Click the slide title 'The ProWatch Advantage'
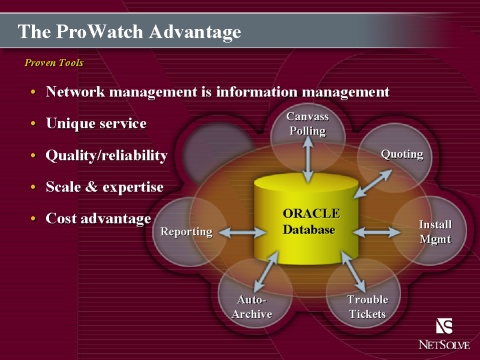pos(129,32)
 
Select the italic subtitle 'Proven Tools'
pos(54,63)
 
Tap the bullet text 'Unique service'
pos(96,123)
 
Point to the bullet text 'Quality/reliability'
pos(106,156)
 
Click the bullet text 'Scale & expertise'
pos(105,187)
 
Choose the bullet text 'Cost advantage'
pos(98,219)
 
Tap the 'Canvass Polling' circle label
pos(308,124)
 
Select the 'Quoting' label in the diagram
pos(402,154)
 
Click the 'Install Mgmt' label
pos(435,232)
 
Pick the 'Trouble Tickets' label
pos(367,307)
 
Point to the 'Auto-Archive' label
pos(252,307)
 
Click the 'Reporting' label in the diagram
pos(186,232)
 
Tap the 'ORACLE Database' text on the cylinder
pos(311,221)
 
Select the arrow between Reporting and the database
pos(242,232)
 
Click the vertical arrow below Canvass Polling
pos(308,160)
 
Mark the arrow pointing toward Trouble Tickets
pos(353,272)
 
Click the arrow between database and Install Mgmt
pos(377,232)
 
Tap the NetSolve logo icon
pos(444,326)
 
